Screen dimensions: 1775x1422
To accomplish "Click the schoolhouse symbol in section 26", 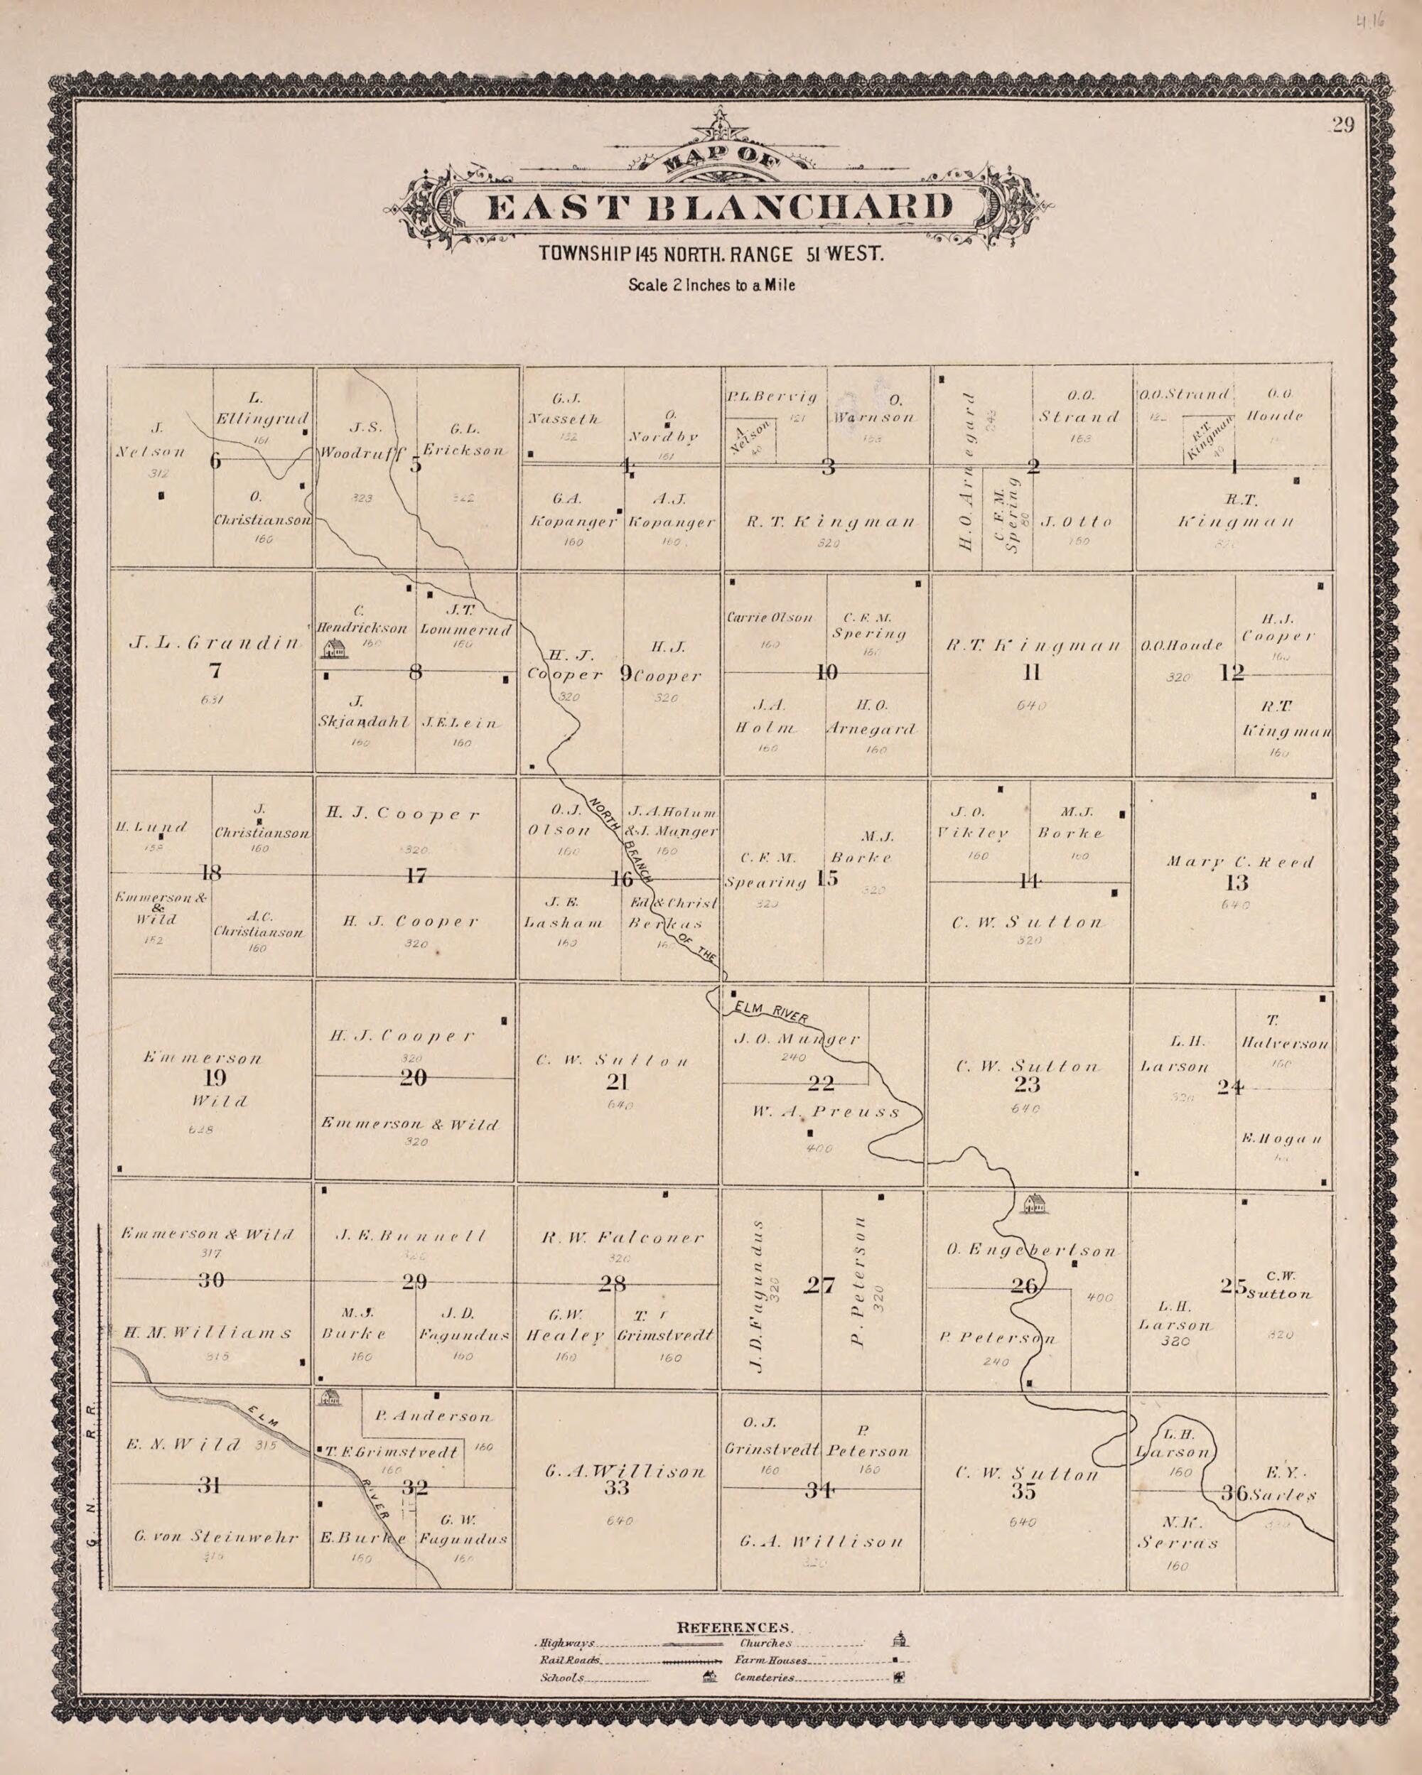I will [1035, 1204].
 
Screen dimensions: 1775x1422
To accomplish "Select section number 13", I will [1237, 883].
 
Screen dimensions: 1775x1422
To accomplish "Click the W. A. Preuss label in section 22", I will [826, 1111].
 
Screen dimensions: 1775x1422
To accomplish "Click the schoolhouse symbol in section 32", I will [330, 1396].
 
